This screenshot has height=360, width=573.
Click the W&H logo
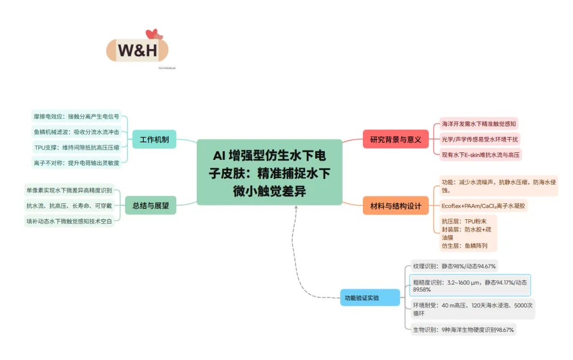click(137, 50)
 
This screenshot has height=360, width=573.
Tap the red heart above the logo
click(152, 35)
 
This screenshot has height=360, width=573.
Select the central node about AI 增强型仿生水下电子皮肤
click(270, 172)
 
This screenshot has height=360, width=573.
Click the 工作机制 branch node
click(154, 140)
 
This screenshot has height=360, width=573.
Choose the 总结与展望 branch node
click(151, 205)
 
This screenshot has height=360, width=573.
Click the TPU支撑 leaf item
click(76, 147)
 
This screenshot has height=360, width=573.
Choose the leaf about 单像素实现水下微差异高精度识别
click(68, 190)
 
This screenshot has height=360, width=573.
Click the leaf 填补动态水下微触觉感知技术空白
click(68, 221)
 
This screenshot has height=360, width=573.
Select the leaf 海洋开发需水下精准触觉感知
click(479, 124)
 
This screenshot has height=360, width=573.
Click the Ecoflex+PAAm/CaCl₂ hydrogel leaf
click(483, 205)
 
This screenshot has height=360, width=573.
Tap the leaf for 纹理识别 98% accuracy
click(454, 266)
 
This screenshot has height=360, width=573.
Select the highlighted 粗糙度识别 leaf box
click(470, 286)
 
